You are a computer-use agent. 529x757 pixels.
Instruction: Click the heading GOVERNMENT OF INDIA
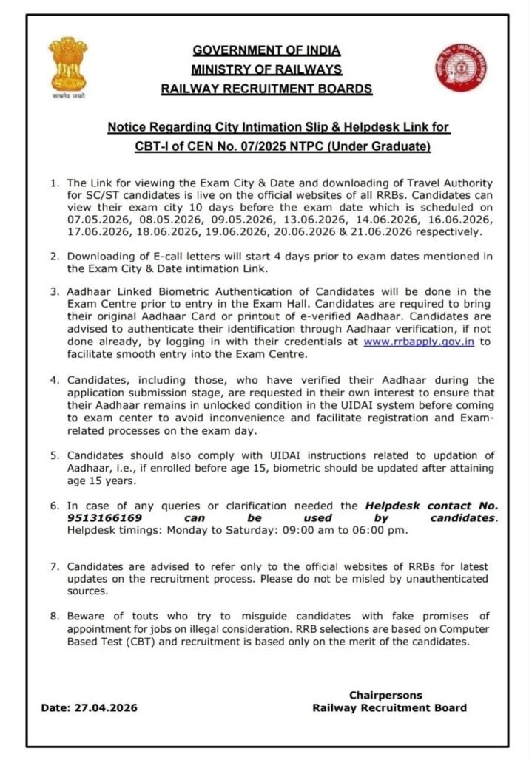[266, 51]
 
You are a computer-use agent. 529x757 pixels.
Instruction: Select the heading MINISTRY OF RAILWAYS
[266, 70]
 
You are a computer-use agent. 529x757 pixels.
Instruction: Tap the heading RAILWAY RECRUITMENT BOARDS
[266, 89]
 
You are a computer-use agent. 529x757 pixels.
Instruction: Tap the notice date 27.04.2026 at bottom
[106, 707]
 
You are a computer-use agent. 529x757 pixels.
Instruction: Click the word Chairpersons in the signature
[385, 695]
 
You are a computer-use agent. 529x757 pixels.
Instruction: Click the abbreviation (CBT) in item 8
[145, 642]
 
